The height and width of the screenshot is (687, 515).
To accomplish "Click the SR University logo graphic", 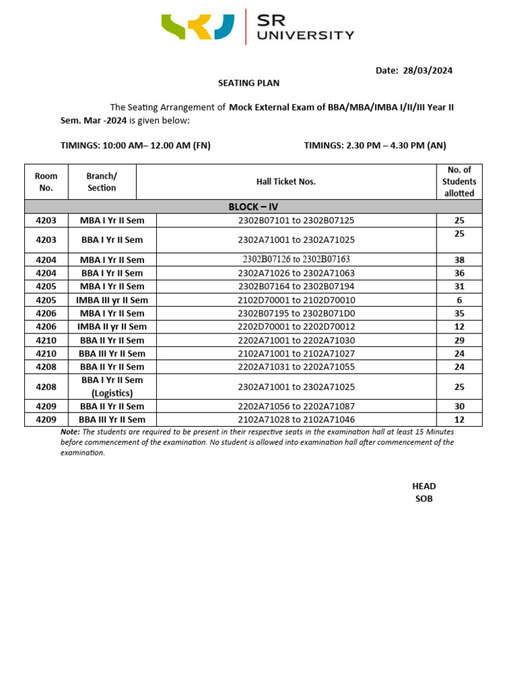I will point(198,26).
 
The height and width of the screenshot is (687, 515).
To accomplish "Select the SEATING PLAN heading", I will point(248,83).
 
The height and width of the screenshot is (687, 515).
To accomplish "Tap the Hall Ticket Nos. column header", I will point(286,182).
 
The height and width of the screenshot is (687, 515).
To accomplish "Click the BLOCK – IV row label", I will point(253,207).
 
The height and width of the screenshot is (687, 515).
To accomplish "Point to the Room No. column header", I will point(46,182).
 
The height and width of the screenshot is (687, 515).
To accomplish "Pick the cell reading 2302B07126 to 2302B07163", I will point(296,260).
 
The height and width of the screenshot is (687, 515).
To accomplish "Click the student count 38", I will point(459,260).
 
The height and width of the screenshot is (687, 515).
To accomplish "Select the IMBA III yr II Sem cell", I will point(112,300).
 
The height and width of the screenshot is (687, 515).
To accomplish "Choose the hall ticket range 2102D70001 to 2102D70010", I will point(296,300).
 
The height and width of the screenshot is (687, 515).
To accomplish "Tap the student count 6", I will point(459,300).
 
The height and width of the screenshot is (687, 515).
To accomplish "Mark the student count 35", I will point(459,313).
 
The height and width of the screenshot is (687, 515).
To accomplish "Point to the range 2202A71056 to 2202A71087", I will point(296,407).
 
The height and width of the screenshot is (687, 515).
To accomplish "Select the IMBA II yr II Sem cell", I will point(112,327).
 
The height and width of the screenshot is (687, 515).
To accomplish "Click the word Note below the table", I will point(70,432).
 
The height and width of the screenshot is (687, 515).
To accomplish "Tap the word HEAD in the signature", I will point(424,486).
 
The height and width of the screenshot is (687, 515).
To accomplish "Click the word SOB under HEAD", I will point(424,498).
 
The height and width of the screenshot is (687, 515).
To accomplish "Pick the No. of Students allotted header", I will point(459,182).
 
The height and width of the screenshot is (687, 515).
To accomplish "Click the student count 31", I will point(459,286).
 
